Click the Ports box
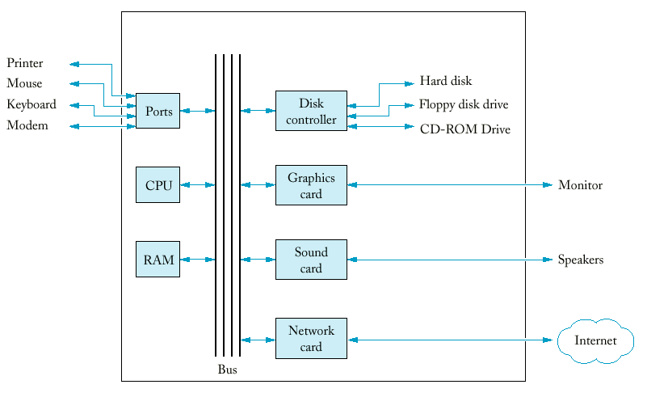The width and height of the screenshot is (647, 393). tap(158, 111)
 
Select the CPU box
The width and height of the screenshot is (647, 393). tap(158, 184)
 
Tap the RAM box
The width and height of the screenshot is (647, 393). tap(158, 259)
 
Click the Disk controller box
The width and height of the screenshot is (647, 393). tap(311, 111)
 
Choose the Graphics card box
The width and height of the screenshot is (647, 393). tap(311, 185)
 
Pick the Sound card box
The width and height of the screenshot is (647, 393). tap(311, 260)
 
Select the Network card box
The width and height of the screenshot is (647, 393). tap(311, 339)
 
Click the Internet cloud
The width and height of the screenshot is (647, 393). tap(595, 341)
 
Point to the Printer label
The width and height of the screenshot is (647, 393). tap(25, 63)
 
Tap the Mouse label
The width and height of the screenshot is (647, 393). tap(24, 83)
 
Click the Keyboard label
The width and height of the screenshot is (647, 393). tap(32, 104)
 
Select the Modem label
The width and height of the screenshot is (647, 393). tap(27, 125)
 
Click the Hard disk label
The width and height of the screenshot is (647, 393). tap(446, 81)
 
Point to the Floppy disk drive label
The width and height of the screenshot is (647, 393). tap(464, 104)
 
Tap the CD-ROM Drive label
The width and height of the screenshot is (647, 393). tap(465, 129)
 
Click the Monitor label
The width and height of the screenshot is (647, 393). tap(580, 184)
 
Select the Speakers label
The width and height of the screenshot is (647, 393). tap(581, 260)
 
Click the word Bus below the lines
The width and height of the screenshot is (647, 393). tap(227, 370)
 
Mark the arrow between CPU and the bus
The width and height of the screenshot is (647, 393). tap(198, 184)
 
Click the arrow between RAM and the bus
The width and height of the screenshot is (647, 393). tap(198, 260)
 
